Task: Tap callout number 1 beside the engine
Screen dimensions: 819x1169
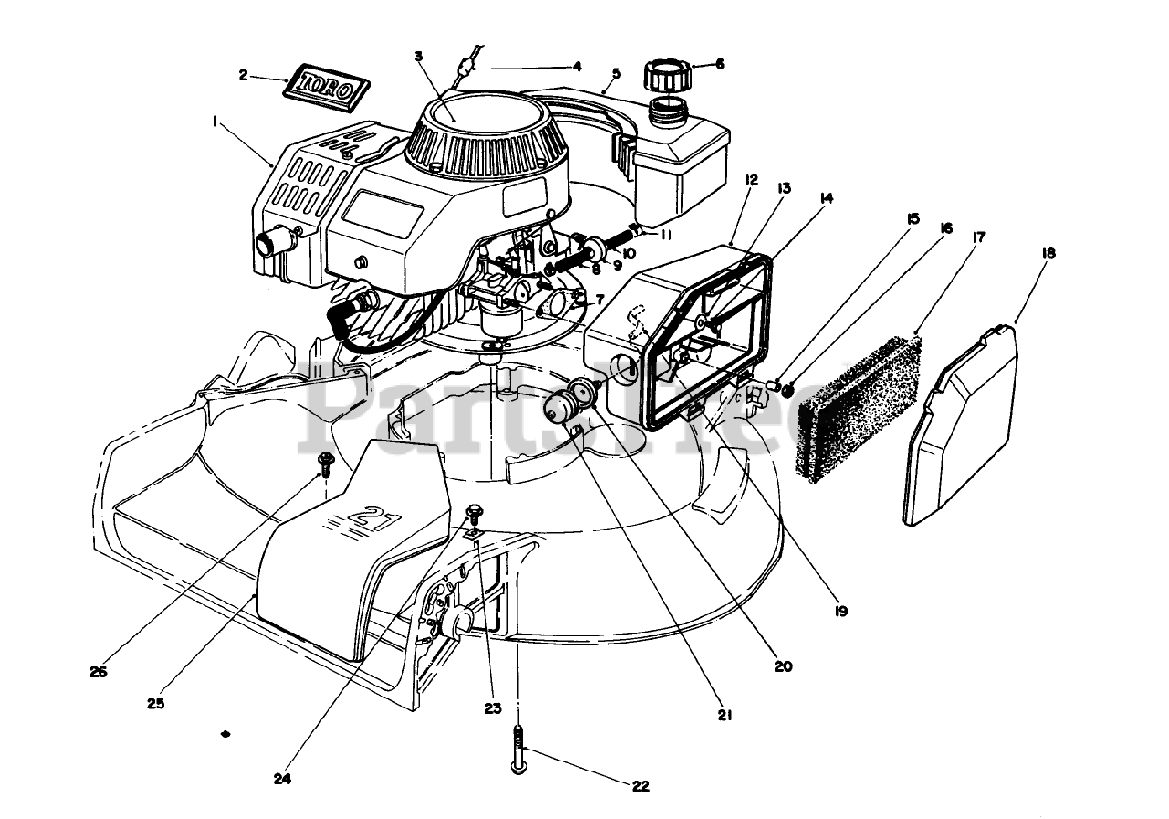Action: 214,119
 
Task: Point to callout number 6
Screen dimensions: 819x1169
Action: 719,64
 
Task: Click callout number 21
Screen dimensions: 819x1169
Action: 724,716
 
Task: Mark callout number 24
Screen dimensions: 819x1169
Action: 281,780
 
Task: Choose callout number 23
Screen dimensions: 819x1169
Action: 493,707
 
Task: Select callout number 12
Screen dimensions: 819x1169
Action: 751,180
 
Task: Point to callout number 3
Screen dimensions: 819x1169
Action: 418,57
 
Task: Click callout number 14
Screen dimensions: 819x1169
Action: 827,196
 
